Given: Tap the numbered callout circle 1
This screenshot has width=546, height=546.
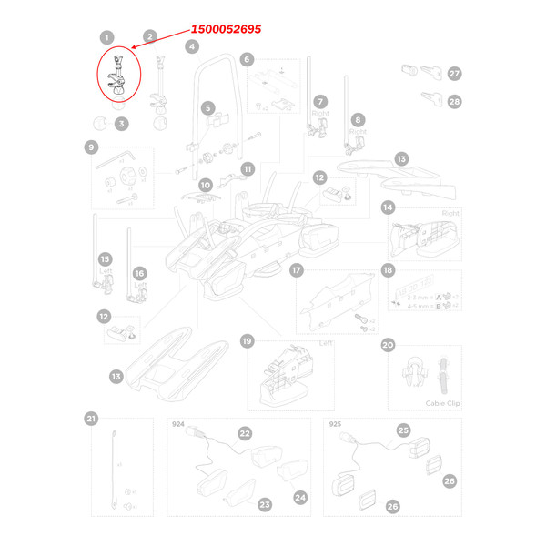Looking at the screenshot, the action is coord(107,38).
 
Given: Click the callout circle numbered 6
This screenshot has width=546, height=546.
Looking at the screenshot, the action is coord(246,60).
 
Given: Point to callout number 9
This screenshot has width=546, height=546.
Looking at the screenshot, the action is coord(91,147).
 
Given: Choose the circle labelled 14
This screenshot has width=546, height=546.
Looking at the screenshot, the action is coord(388,207).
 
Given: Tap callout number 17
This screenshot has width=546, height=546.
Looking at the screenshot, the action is coord(296,270).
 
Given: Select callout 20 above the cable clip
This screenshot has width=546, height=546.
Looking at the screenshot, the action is coord(389,345).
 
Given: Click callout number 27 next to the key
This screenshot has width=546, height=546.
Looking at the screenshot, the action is coord(454,73).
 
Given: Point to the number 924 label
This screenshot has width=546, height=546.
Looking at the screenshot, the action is coord(177,424).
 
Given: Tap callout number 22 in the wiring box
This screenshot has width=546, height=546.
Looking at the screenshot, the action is coord(245,434).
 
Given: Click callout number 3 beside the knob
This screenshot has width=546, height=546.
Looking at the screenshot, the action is coord(120,124).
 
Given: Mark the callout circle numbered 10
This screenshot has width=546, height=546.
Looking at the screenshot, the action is coord(206,185).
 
